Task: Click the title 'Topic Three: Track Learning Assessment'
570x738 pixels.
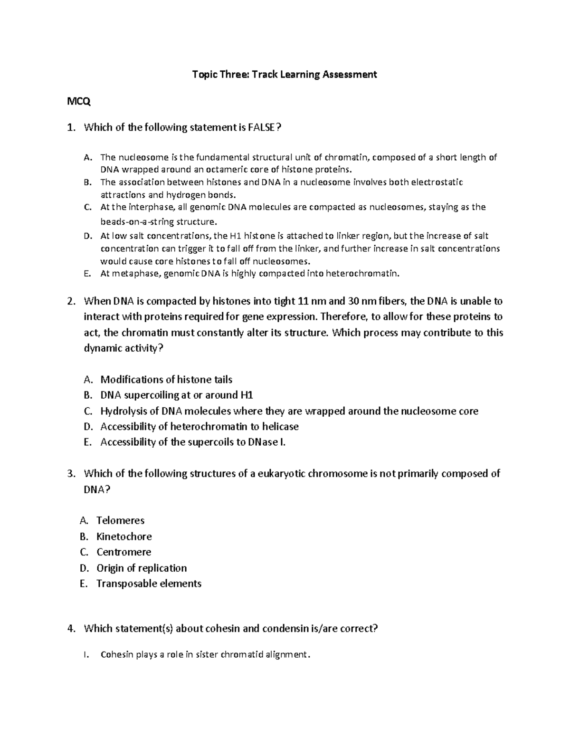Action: tap(284, 74)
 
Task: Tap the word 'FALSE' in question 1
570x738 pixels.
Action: tap(258, 127)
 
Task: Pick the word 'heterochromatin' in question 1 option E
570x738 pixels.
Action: tap(367, 273)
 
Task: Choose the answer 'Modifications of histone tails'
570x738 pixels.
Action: tap(166, 379)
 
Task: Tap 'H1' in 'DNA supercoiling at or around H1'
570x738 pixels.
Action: tap(247, 395)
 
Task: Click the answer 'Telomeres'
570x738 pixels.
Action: tap(120, 520)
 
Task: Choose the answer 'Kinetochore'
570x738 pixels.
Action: tap(124, 537)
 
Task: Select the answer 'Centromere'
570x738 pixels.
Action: tap(123, 552)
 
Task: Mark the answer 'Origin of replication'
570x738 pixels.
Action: tap(142, 568)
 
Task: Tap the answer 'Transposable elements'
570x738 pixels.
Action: tap(149, 584)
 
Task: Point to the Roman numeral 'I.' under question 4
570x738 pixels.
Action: tap(85, 655)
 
